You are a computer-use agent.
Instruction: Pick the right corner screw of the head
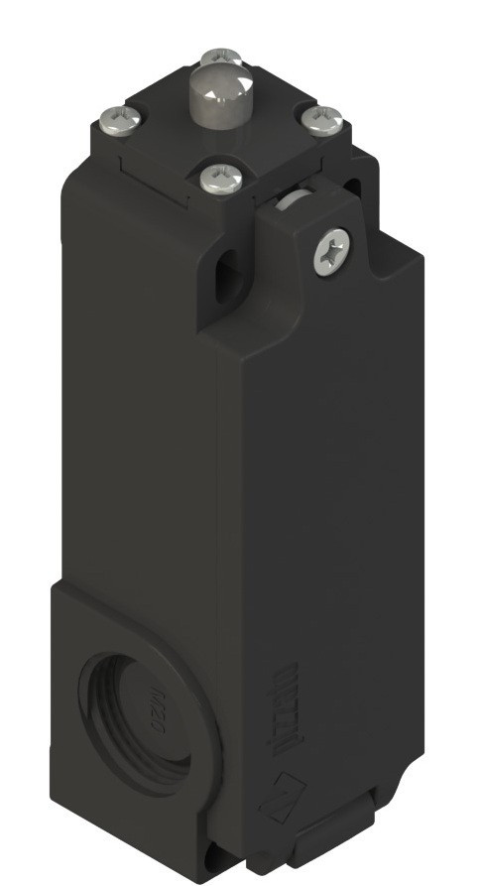click(x=323, y=120)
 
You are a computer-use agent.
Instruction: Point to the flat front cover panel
click(x=317, y=476)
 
